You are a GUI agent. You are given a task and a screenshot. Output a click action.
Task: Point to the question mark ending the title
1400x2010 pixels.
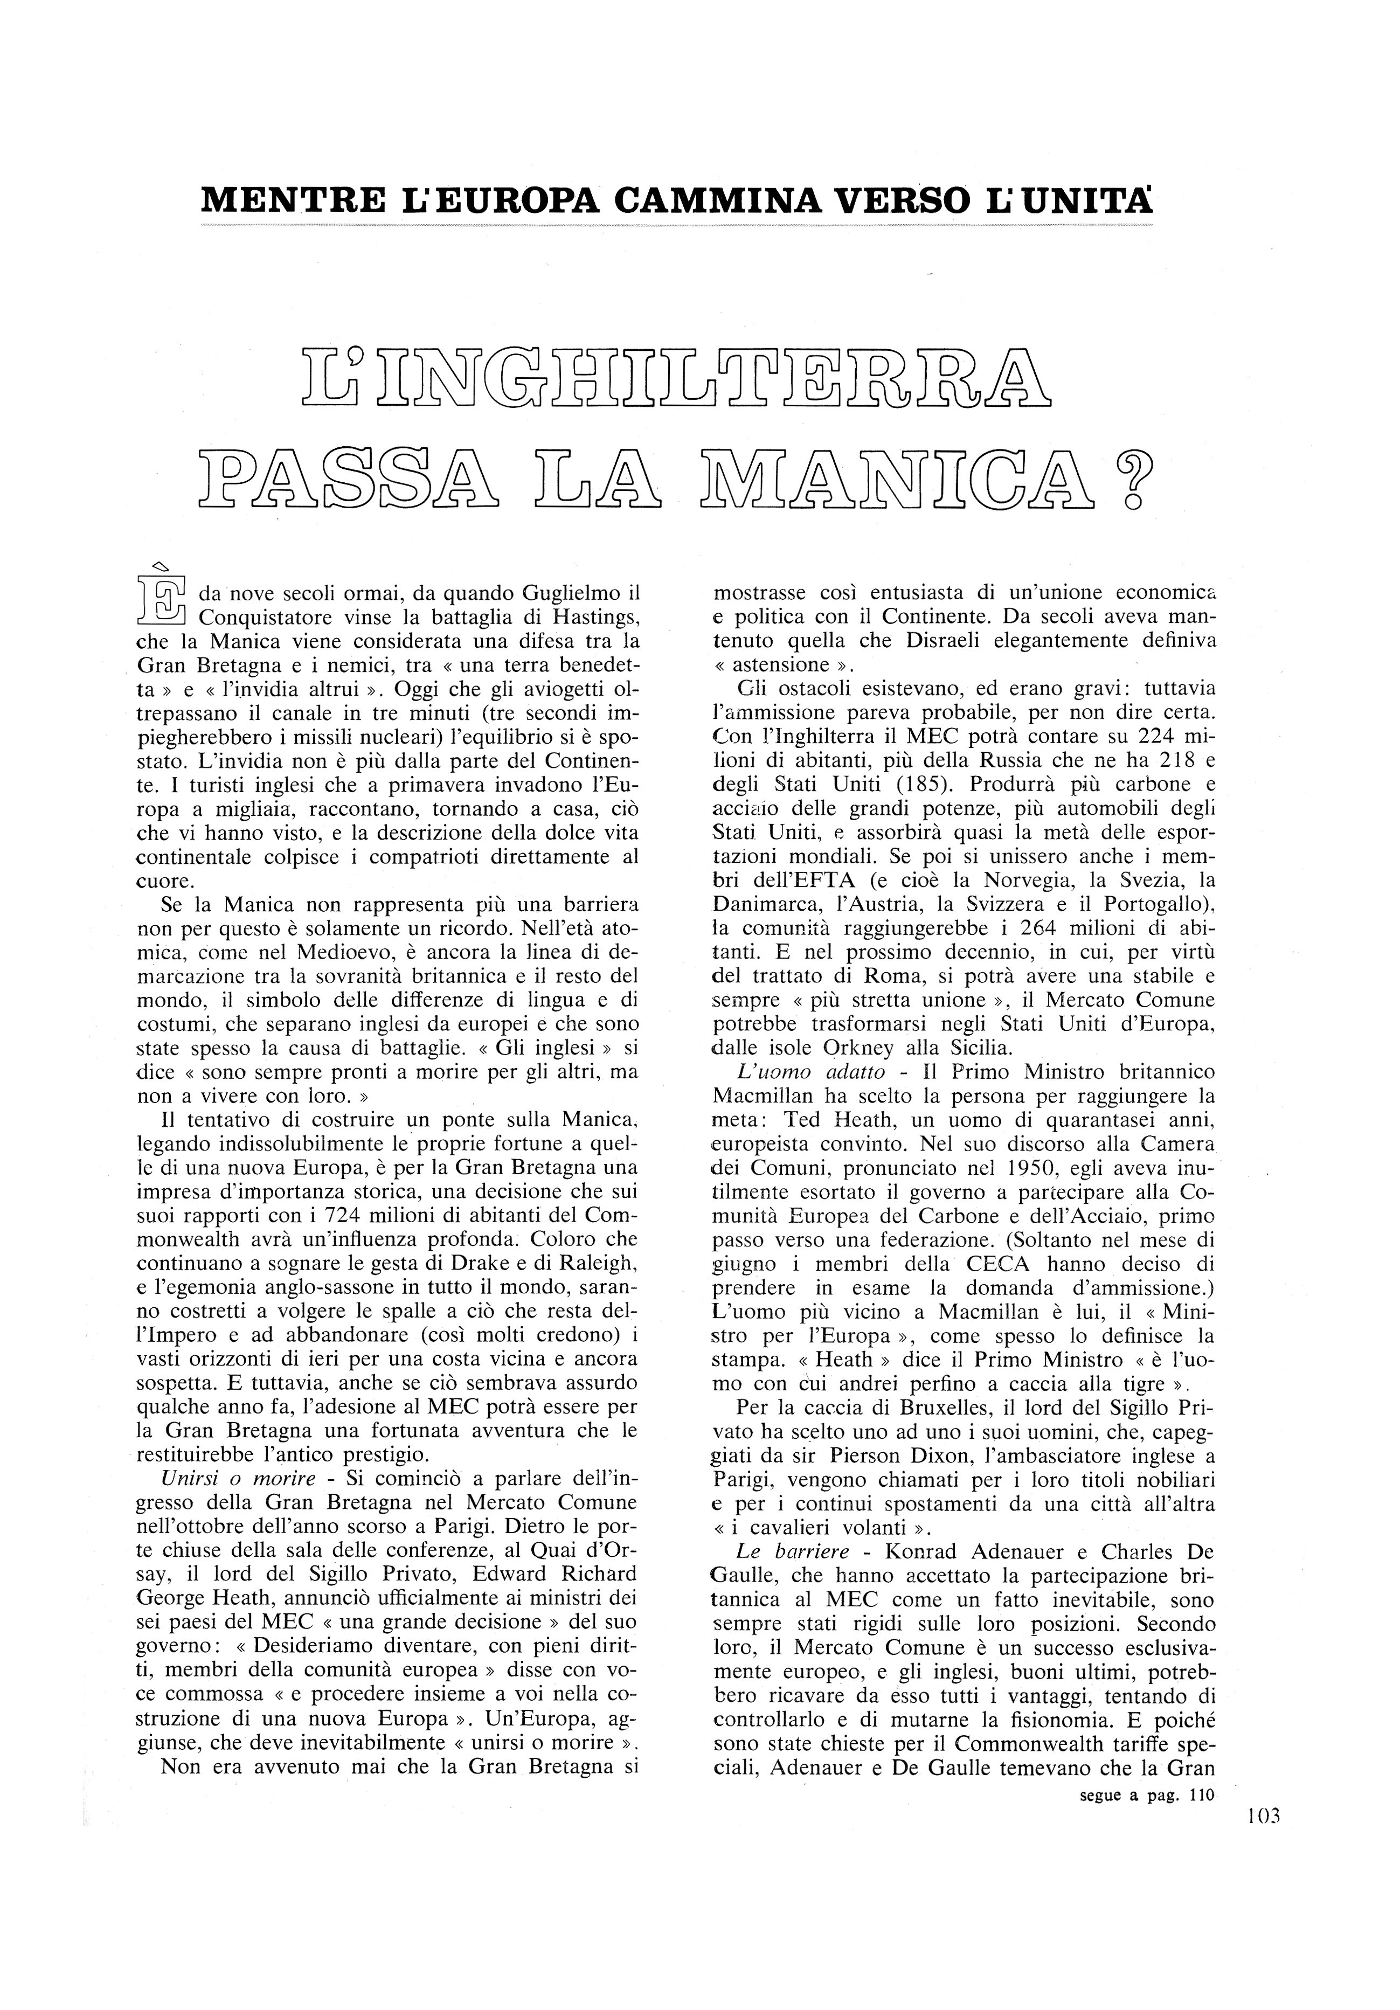[1131, 477]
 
